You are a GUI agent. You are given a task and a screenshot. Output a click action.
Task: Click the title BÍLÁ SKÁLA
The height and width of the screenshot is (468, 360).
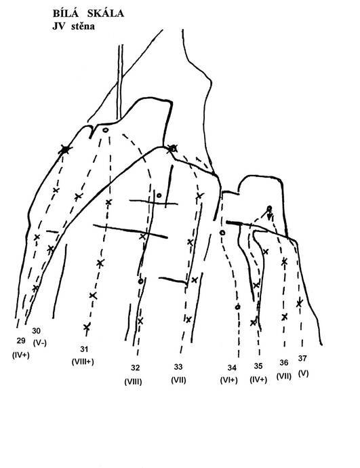click(88, 14)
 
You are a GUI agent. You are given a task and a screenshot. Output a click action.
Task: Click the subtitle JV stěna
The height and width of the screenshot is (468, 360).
click(74, 26)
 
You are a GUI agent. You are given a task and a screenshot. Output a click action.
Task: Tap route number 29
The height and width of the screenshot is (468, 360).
click(21, 341)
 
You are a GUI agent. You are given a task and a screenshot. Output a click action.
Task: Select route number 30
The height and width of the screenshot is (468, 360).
click(36, 331)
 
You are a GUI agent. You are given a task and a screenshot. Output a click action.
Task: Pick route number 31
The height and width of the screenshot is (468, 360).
click(84, 349)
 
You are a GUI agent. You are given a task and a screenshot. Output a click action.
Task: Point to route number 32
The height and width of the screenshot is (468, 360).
click(135, 368)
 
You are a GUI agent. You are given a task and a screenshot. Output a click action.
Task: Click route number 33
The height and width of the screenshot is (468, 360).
click(178, 367)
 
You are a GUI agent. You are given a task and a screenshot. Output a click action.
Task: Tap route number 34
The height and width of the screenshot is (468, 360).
click(232, 368)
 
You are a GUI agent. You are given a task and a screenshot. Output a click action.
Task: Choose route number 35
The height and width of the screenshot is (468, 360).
click(258, 366)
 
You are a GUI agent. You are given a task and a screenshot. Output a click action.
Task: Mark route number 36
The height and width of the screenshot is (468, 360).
click(284, 363)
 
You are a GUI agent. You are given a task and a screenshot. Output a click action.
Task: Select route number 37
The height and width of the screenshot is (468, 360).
click(302, 358)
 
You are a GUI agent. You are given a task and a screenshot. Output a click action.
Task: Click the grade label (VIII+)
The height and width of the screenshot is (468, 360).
click(83, 362)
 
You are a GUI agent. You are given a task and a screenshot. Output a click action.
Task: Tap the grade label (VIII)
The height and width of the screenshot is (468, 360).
click(133, 381)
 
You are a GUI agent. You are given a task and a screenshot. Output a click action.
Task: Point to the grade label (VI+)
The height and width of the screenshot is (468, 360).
click(228, 380)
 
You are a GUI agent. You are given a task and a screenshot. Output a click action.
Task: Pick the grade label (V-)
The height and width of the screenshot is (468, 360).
click(40, 343)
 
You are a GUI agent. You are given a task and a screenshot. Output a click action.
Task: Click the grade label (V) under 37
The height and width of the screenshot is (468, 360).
click(303, 374)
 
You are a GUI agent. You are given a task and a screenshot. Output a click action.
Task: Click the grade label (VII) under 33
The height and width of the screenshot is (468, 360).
click(178, 380)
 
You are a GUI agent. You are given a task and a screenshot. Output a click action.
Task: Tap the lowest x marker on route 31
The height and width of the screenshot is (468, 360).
click(87, 327)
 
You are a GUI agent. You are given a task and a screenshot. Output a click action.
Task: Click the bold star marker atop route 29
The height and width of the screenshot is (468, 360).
click(65, 149)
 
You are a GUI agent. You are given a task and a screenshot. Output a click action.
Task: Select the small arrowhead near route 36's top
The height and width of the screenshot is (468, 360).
click(270, 216)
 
